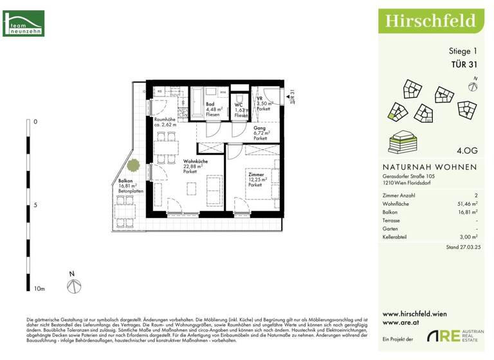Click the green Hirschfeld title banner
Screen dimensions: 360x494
coord(430,20)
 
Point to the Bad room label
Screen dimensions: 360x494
coord(210,104)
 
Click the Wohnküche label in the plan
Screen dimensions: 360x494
coord(195,161)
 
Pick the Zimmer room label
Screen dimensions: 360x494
coord(255,174)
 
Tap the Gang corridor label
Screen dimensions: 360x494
coord(259,129)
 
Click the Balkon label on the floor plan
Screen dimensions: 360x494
coord(125,181)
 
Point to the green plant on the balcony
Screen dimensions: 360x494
coord(133,166)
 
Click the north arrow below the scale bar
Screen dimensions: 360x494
coord(73,282)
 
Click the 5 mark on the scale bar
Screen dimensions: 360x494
coord(35,206)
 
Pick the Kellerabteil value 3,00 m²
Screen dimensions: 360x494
coord(467,237)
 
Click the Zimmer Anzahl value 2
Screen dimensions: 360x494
coord(475,194)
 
